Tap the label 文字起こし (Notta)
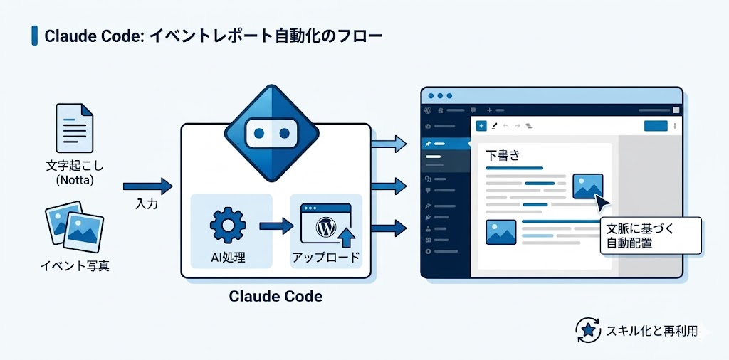[74, 173]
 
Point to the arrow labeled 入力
[147, 187]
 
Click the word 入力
[147, 204]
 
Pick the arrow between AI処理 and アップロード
[276, 226]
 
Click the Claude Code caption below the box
[276, 296]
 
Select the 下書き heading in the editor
[503, 155]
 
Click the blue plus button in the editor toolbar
[481, 126]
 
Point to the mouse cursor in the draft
[602, 204]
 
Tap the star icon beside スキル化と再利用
[588, 330]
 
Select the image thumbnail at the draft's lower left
[501, 233]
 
